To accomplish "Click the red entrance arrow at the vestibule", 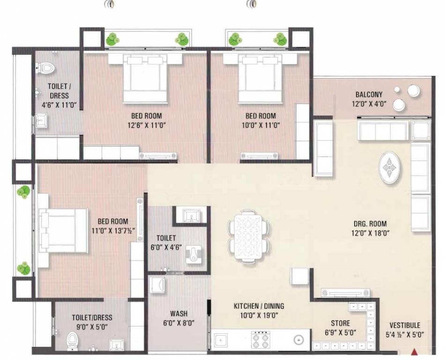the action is pos(415,352).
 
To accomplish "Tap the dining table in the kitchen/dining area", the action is pos(248,237).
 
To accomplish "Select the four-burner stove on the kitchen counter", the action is pos(260,340).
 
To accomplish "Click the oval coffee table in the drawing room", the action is pos(390,168).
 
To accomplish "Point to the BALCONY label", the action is pos(369,94).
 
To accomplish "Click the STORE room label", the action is pos(340,323).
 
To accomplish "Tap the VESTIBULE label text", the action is pos(405,325).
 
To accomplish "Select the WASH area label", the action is pos(179,314).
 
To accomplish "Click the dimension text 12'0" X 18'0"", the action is pos(370,233).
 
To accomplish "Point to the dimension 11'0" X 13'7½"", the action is pos(113,231).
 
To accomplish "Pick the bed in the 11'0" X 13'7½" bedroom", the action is pos(63,230).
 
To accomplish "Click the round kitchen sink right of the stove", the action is pos(298,339).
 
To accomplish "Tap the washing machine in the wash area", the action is pos(157,285).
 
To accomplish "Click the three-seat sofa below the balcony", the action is pos(383,130).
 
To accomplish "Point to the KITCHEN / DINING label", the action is pos(259,306).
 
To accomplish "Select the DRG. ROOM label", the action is pos(370,224).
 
